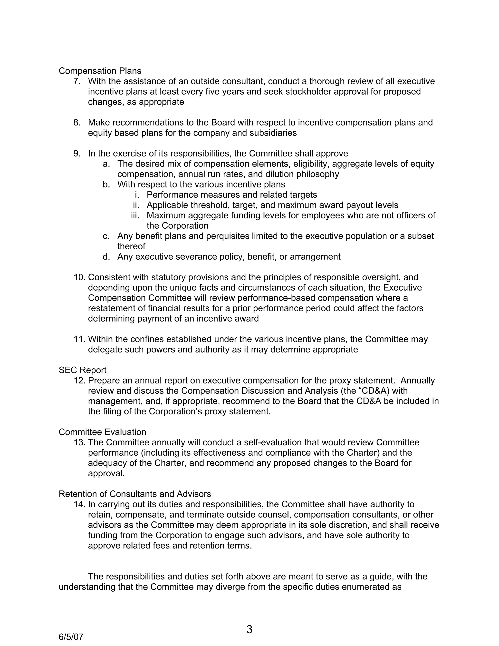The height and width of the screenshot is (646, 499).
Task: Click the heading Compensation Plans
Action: coord(100,71)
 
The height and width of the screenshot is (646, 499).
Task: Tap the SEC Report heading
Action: coord(83,370)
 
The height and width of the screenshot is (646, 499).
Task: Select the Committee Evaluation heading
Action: coord(102,432)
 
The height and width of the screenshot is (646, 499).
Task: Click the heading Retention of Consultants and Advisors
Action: coord(135,494)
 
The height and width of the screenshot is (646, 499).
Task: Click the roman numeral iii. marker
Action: coord(135,215)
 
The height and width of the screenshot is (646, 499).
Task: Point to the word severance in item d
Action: coord(194,256)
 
